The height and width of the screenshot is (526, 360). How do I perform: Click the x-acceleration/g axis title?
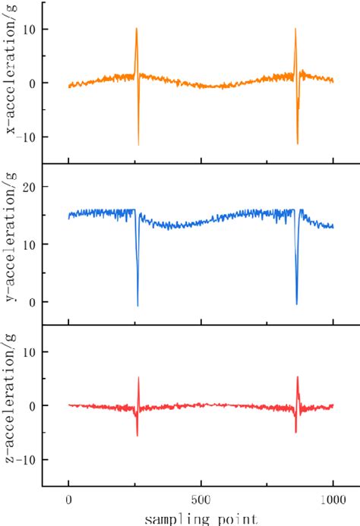tap(12, 83)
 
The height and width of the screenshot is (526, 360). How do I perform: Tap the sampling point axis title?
tap(201, 518)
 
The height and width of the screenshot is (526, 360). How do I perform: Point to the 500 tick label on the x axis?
tap(201, 501)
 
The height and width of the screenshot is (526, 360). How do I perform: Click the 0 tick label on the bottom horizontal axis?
tap(68, 501)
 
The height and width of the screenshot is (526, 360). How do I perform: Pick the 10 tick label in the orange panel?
tap(30, 29)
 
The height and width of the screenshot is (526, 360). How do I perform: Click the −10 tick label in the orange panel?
tap(27, 137)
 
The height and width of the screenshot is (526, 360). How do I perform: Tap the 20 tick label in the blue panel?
tap(30, 187)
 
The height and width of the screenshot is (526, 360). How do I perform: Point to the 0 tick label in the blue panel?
tap(33, 302)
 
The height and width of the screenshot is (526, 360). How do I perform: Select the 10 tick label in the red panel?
tap(30, 351)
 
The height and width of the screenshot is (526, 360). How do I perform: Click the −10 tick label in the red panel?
tap(27, 460)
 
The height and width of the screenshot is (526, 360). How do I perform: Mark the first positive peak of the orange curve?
tap(136, 29)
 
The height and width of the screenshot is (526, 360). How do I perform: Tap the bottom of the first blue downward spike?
tap(137, 306)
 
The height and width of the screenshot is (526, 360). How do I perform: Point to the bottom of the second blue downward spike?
tap(296, 304)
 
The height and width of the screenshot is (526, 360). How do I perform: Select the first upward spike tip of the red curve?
tap(138, 377)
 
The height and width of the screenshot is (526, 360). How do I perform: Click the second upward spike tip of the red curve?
tap(297, 376)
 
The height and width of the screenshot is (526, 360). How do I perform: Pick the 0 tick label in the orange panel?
tap(33, 83)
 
